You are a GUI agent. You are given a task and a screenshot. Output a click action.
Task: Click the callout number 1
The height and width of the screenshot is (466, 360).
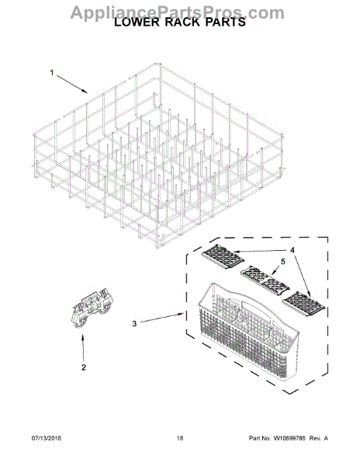[52, 74]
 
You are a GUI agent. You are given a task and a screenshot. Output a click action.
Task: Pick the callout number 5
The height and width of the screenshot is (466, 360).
[282, 262]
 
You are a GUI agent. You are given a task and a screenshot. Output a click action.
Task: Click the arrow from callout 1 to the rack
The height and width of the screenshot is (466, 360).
[74, 84]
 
